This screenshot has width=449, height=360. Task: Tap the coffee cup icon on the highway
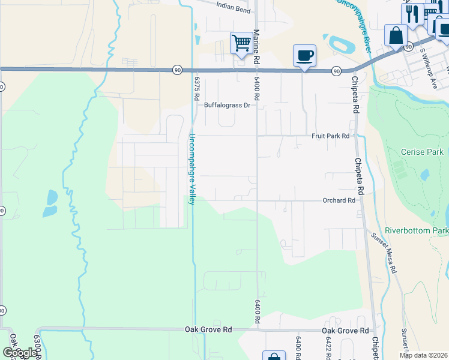tap(304, 56)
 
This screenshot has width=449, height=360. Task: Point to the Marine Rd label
tap(256, 47)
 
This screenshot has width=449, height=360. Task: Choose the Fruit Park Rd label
tap(330, 136)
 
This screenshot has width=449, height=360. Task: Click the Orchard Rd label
tap(339, 200)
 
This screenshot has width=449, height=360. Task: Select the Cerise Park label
tap(422, 152)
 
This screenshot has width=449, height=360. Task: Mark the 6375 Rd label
tap(196, 87)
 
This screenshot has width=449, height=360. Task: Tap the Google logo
tap(20, 353)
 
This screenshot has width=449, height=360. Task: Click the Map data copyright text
tap(424, 355)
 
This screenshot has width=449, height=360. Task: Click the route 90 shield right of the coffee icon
tap(336, 71)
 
